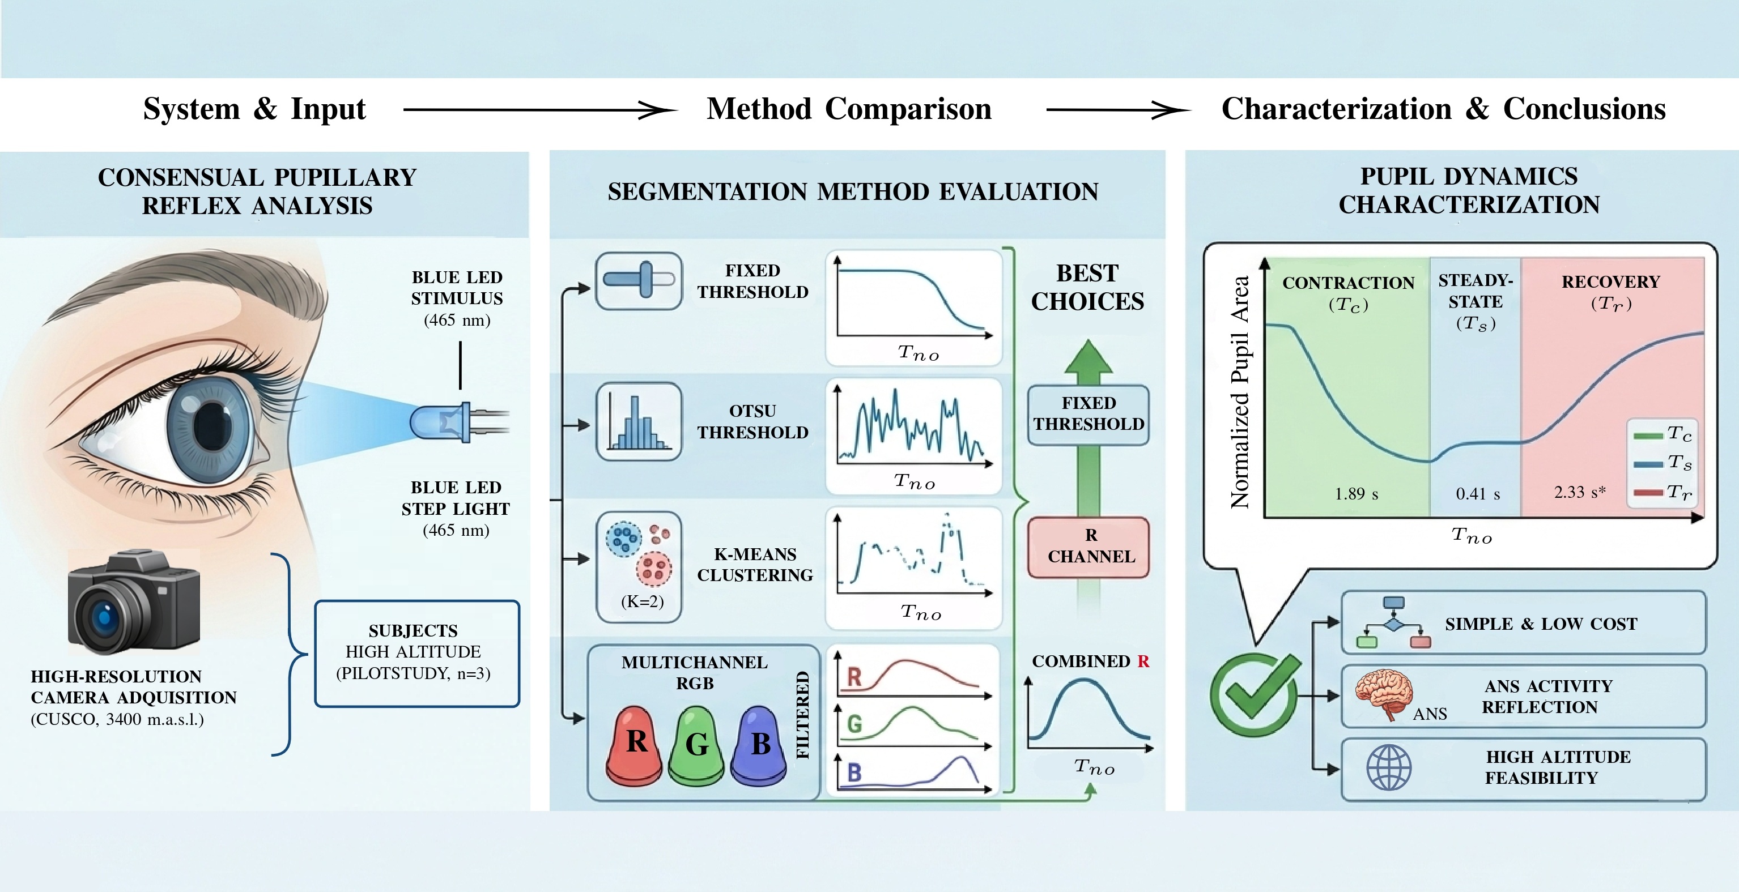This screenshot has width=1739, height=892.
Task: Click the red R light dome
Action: pos(635,745)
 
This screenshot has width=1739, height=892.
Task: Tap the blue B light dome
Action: pos(759,745)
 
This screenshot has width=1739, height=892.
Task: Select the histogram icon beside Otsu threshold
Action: pos(639,422)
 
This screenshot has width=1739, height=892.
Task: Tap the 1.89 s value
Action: pos(1355,494)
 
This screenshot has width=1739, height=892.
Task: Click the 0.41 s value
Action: pos(1478,494)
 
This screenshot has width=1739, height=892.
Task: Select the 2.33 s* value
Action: pos(1580,492)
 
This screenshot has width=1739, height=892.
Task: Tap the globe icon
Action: pos(1389,768)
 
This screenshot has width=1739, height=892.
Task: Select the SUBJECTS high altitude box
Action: pos(416,653)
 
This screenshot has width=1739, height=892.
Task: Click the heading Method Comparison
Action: pos(849,109)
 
